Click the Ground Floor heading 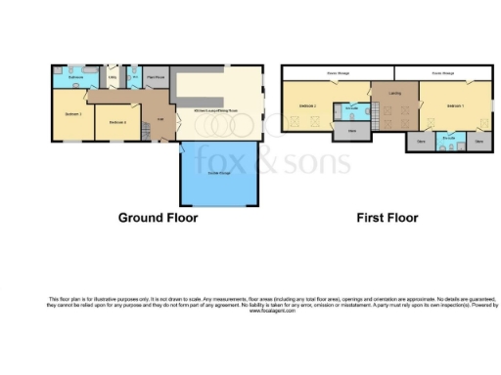click(158, 218)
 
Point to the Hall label click(160, 120)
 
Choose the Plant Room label click(156, 75)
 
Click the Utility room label click(113, 76)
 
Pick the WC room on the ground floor click(134, 76)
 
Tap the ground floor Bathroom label click(74, 76)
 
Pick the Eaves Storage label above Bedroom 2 click(338, 72)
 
